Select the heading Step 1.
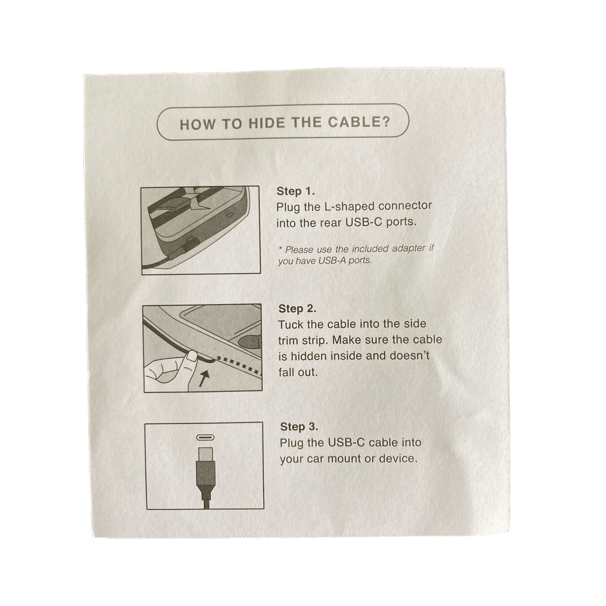pos(295,191)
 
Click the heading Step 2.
pos(297,309)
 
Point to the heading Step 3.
pos(299,426)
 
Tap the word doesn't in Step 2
pos(410,356)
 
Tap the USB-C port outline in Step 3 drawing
pos(205,437)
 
